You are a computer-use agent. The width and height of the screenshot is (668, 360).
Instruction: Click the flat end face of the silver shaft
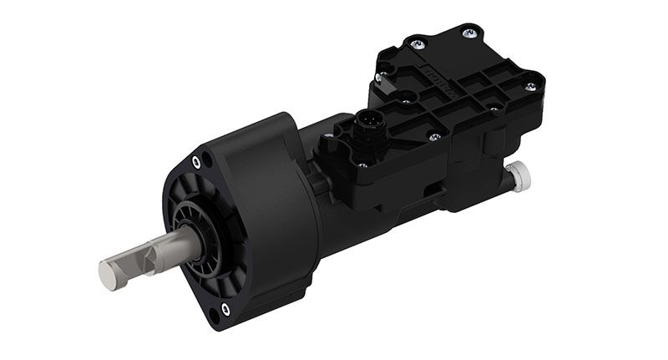coord(107,276)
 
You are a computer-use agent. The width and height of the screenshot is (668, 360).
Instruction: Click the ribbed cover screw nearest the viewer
coord(434,136)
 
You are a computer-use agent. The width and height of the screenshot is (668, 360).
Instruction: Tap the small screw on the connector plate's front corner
coord(360,170)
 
